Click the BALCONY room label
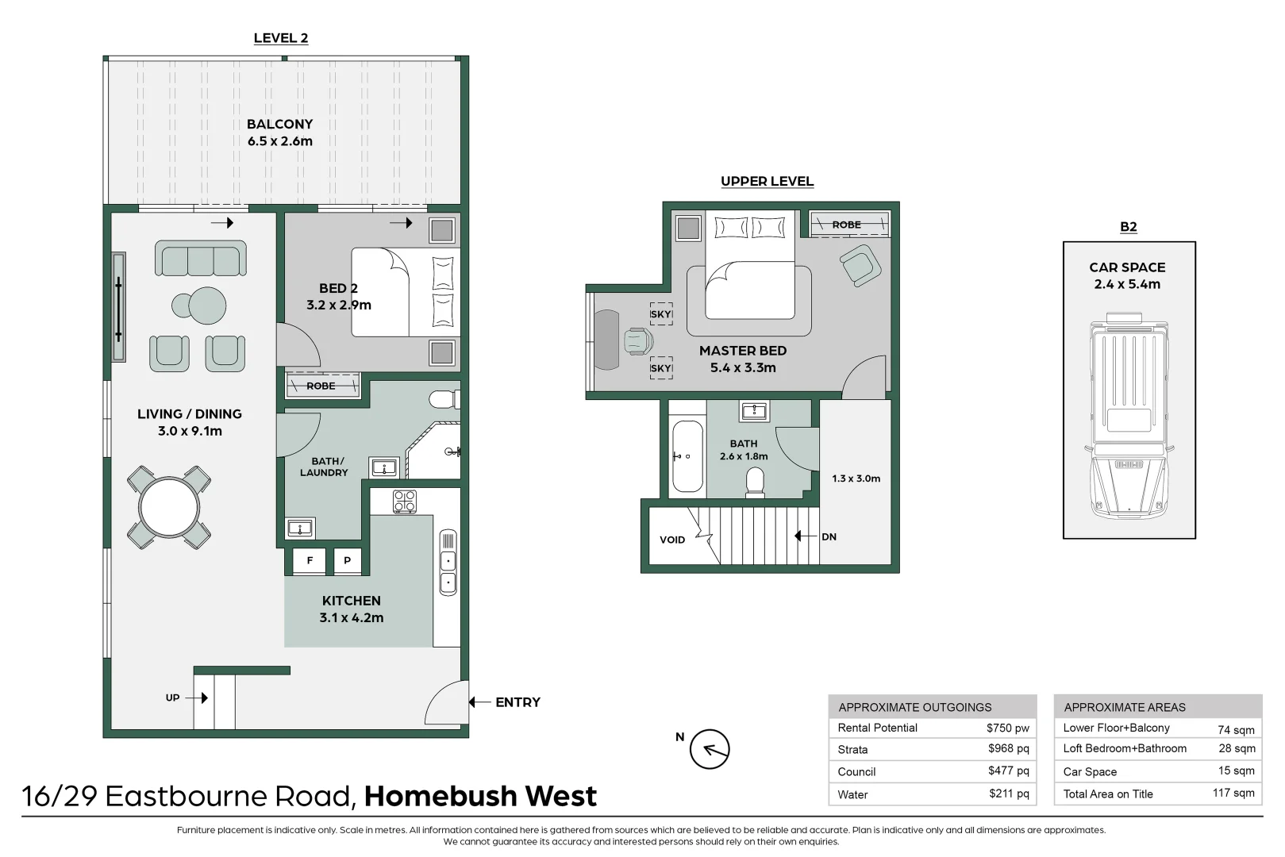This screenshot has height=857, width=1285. [x=280, y=124]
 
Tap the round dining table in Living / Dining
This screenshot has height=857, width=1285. [x=169, y=507]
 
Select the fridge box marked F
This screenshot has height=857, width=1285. [x=310, y=561]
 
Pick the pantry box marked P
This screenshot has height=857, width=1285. [x=347, y=561]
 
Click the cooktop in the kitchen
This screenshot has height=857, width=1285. [x=405, y=502]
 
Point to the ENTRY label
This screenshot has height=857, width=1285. [x=517, y=702]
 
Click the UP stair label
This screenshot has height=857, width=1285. [x=173, y=698]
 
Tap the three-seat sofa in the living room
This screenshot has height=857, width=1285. [x=200, y=258]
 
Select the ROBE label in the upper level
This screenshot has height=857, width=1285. [x=847, y=225]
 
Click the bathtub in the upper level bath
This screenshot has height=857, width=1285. [x=687, y=456]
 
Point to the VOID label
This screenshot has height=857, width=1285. [x=672, y=540]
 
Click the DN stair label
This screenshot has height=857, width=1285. [x=829, y=537]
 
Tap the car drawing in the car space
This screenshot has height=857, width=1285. [x=1129, y=416]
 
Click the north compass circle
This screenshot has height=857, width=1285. [x=710, y=749]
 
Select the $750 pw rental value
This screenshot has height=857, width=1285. [x=1008, y=728]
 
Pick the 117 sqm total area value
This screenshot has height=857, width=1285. [x=1233, y=794]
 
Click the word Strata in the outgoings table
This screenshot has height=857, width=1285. [x=852, y=750]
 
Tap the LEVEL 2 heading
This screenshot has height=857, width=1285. [x=280, y=38]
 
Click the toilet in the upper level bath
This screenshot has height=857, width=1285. [x=755, y=482]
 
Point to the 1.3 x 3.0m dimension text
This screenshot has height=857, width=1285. [x=856, y=478]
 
